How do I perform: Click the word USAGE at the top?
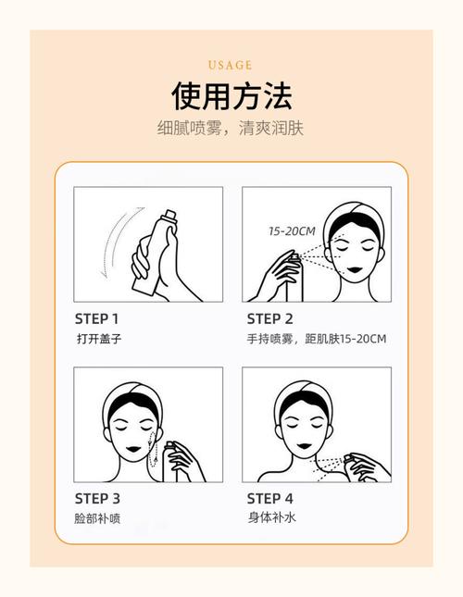pyautogui.click(x=231, y=65)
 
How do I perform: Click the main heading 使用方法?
pyautogui.click(x=231, y=95)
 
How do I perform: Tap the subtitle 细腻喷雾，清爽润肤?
pyautogui.click(x=231, y=129)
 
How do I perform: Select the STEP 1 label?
pyautogui.click(x=96, y=317)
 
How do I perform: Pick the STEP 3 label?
pyautogui.click(x=97, y=498)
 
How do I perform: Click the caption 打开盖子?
pyautogui.click(x=98, y=339)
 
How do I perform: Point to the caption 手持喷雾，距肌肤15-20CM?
pyautogui.click(x=314, y=339)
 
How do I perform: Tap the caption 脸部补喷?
pyautogui.click(x=98, y=518)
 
